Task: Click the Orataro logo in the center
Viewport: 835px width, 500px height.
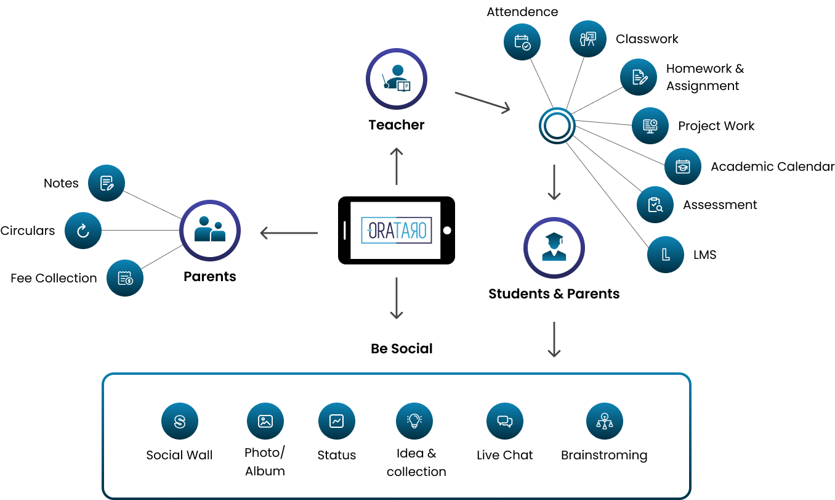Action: (x=397, y=230)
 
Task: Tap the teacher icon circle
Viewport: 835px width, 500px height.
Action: (x=397, y=79)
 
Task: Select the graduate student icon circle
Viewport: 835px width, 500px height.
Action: (x=554, y=247)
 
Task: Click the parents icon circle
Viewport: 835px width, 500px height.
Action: (x=210, y=230)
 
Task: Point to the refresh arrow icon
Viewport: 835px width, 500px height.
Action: (x=83, y=231)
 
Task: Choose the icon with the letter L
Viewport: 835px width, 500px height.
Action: (x=666, y=254)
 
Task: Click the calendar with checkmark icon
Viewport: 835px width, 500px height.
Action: (x=522, y=42)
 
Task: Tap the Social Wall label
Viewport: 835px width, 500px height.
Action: (x=179, y=455)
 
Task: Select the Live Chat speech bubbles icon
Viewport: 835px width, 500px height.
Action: (x=505, y=422)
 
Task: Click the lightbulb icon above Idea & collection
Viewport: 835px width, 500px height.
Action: (x=414, y=422)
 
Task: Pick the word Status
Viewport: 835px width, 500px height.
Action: (x=337, y=455)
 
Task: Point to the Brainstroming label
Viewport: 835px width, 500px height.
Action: (x=604, y=455)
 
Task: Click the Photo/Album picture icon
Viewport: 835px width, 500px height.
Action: (x=265, y=422)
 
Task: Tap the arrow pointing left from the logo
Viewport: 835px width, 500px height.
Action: (x=289, y=233)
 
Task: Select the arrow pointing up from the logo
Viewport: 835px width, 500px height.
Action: (x=397, y=166)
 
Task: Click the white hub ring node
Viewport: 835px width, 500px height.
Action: (x=557, y=126)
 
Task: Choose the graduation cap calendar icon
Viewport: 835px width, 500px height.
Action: (x=683, y=166)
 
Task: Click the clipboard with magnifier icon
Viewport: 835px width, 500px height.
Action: (x=655, y=205)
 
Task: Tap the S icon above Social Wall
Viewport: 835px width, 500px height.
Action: (x=180, y=422)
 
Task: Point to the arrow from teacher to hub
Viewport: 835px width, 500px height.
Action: (x=483, y=102)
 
